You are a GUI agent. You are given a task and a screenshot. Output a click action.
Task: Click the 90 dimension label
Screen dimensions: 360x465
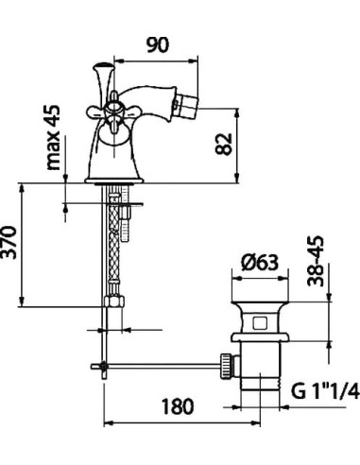(x=158, y=45)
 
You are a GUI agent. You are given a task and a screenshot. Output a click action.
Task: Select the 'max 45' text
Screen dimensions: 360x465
(x=53, y=138)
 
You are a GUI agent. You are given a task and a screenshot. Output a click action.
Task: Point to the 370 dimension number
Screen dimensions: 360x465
(x=9, y=242)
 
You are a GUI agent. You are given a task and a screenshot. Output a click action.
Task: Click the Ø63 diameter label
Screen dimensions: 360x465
(x=260, y=263)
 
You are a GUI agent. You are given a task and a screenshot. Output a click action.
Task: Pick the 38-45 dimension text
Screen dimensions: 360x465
(x=316, y=261)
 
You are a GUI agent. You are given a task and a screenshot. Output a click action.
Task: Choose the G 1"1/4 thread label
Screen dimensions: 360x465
(x=325, y=391)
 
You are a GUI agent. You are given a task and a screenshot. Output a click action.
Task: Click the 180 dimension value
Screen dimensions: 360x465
(x=178, y=406)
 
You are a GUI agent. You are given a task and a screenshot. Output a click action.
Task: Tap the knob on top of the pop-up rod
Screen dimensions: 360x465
(x=103, y=66)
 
